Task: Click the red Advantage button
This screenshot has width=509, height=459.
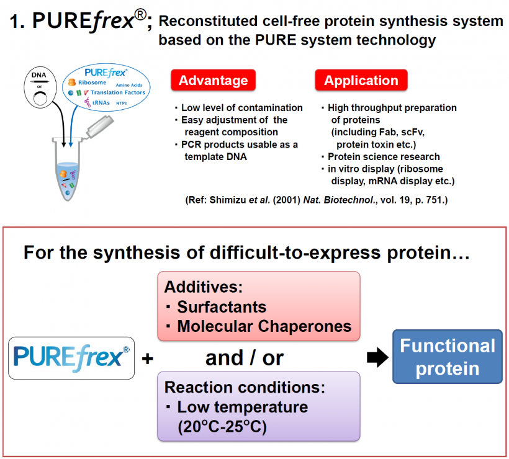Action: pos(213,81)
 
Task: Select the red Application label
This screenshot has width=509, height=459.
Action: pos(361,81)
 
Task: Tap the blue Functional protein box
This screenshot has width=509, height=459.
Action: pos(447,357)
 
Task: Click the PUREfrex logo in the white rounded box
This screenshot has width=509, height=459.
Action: pos(71,358)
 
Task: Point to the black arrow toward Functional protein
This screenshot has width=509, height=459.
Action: pos(376,357)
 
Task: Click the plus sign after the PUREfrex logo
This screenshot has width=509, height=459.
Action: pos(148,359)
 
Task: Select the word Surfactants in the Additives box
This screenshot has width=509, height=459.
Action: pos(222,306)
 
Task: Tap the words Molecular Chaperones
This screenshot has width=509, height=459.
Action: pos(264,326)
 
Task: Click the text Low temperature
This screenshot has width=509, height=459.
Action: pos(242,407)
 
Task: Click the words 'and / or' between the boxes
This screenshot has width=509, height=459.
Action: pos(245,358)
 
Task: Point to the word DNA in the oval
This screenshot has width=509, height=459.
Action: pos(40,76)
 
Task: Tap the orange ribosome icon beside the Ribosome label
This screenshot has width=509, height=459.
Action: pos(72,82)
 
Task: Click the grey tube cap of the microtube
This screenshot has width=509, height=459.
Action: pos(101,126)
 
